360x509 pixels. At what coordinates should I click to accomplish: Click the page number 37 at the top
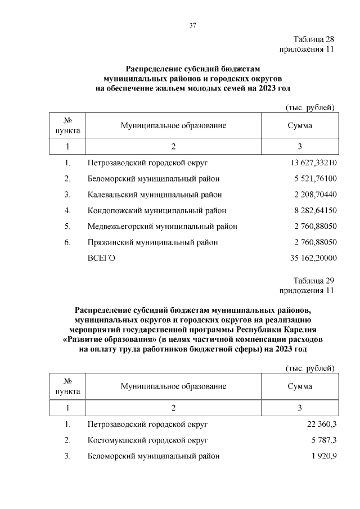192,25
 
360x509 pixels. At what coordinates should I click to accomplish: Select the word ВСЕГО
101,258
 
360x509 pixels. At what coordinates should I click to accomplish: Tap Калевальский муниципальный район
155,195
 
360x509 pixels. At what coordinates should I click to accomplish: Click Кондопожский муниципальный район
157,210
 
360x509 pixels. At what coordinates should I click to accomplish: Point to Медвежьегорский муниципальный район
162,226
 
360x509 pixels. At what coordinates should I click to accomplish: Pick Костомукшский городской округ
148,439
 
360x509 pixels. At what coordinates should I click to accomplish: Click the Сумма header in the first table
300,126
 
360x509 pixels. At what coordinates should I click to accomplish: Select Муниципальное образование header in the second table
173,386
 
